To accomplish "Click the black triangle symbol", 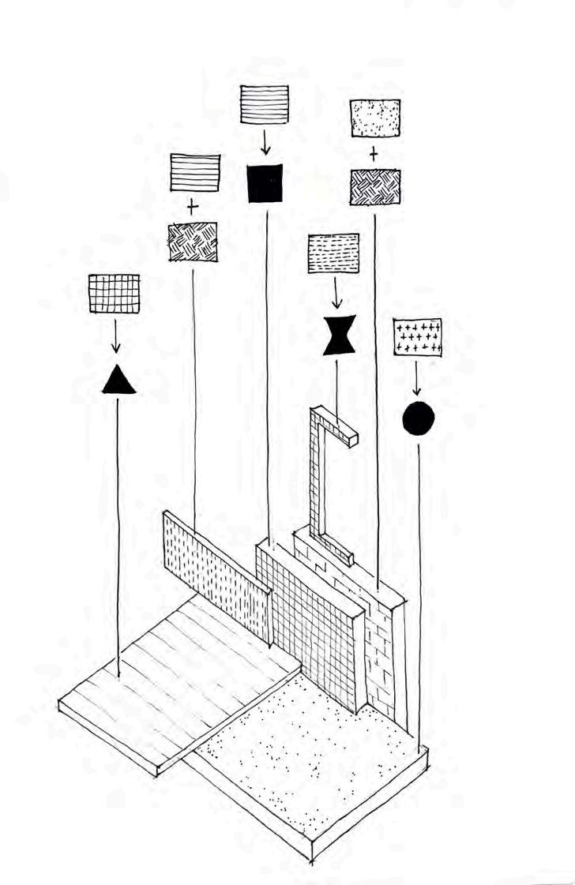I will click(118, 381).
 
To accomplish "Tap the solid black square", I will click(265, 183).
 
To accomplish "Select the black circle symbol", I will click(418, 418).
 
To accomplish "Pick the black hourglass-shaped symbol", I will click(340, 335).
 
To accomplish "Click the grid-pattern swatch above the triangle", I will click(114, 294).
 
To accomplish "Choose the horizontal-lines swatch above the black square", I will click(265, 103).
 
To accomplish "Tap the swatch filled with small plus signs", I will click(417, 338).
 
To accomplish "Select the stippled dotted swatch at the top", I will click(375, 118).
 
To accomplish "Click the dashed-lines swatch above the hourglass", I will click(333, 253).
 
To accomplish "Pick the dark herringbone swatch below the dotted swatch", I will click(375, 188).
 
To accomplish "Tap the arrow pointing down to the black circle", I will click(416, 380).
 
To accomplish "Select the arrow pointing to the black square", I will click(265, 142).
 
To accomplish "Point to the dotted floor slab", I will click(316, 758).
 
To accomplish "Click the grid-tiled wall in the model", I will click(312, 616).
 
